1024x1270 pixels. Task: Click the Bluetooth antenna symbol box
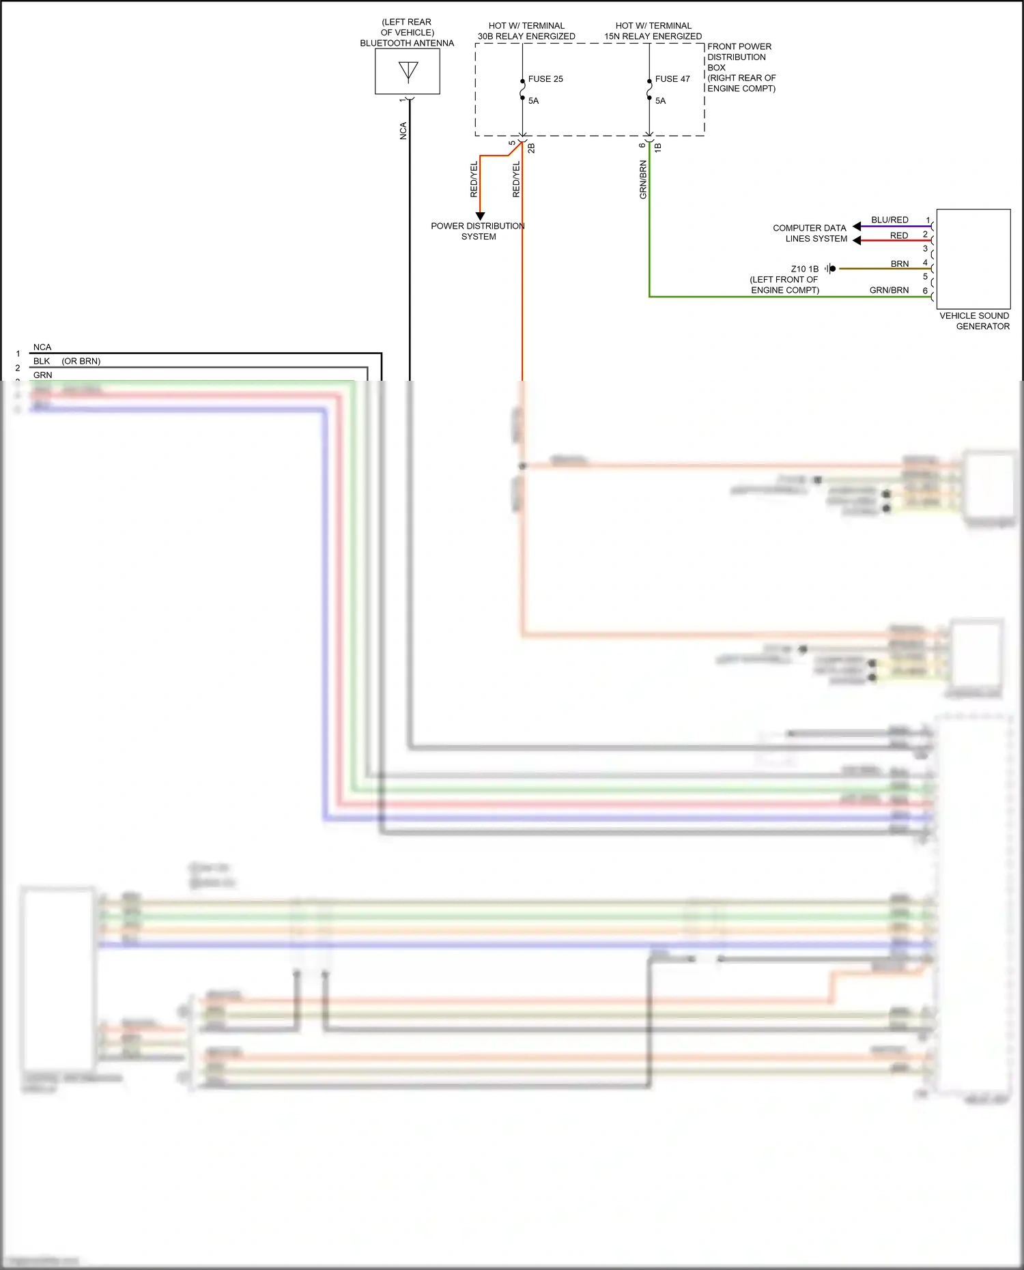[x=408, y=72]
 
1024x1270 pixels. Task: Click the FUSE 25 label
[x=545, y=79]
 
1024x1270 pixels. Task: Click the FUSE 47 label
[x=672, y=79]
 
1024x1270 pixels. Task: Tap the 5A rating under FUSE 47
[x=660, y=101]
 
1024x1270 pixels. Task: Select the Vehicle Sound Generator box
[x=973, y=259]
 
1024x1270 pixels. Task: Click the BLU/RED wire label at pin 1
[x=890, y=220]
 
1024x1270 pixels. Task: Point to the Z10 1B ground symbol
[x=830, y=269]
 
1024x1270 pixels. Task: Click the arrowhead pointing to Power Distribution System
[x=480, y=216]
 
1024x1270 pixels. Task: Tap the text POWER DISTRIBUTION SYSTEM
[x=478, y=231]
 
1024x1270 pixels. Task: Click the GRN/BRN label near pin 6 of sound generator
[x=889, y=290]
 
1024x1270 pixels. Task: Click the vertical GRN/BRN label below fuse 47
[x=643, y=180]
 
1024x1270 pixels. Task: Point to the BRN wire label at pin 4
[x=899, y=264]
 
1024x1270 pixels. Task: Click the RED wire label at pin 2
[x=898, y=235]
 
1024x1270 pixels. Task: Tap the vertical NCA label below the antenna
[x=403, y=131]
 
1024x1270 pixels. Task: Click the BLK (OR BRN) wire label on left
[x=67, y=361]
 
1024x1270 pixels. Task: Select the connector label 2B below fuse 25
[x=532, y=147]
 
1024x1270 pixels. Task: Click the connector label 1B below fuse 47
[x=658, y=147]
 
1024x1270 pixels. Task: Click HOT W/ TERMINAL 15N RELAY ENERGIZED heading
[x=653, y=31]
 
